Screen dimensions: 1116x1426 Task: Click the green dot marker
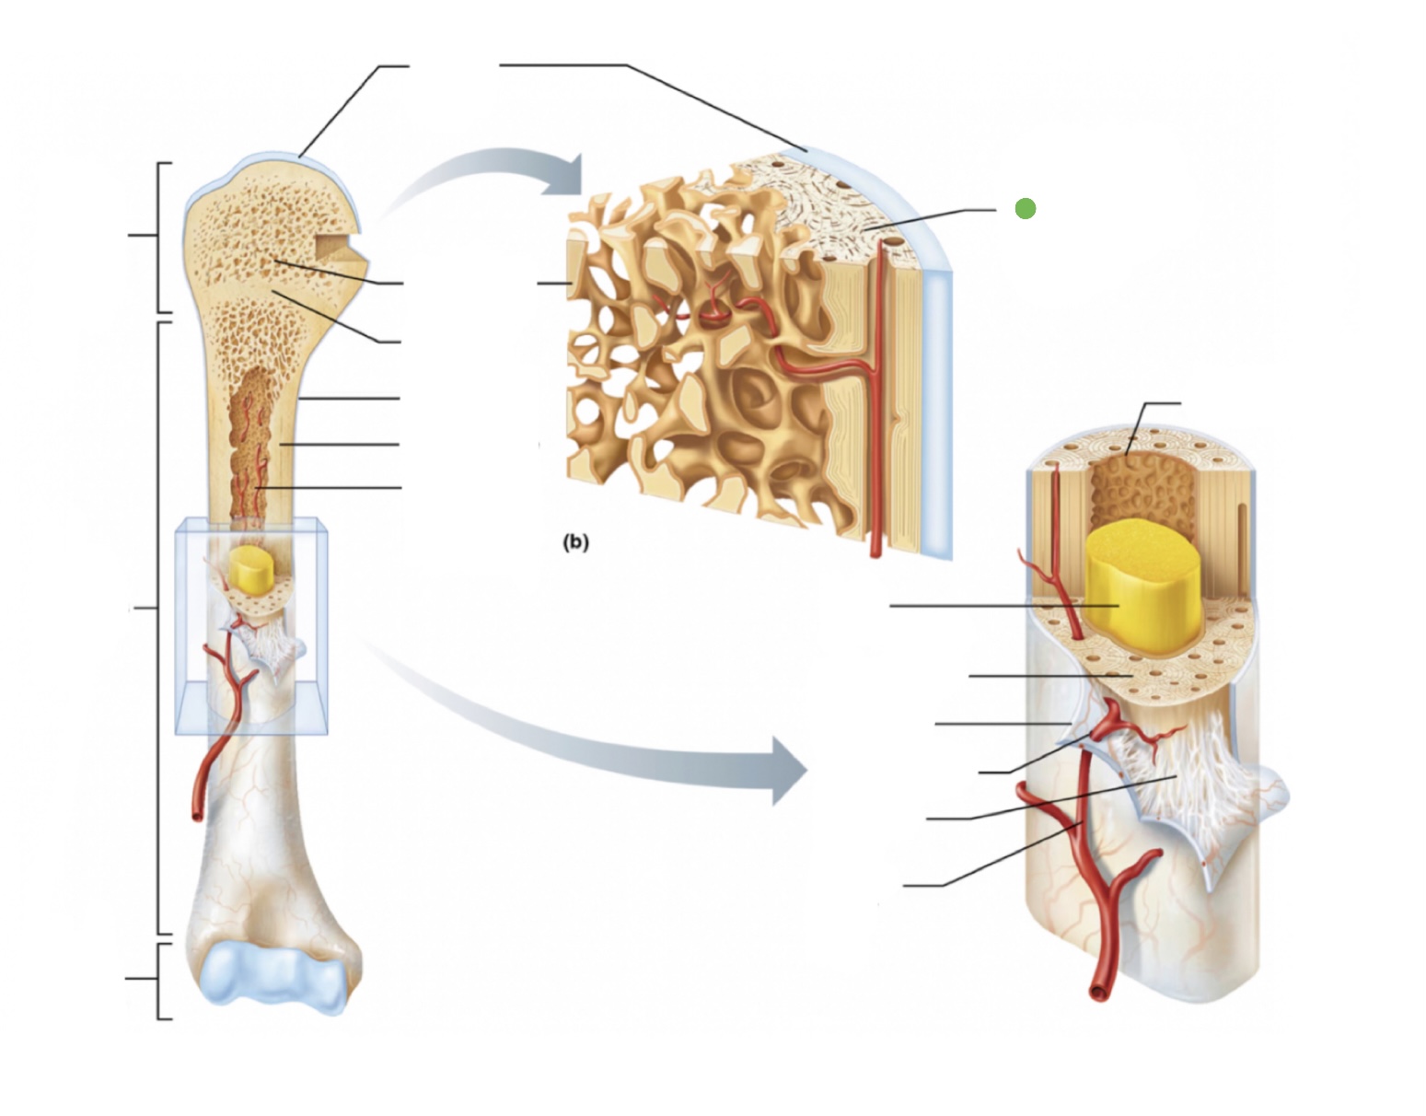click(1025, 209)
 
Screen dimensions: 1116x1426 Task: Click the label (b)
click(575, 542)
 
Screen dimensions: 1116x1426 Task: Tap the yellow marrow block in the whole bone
click(249, 568)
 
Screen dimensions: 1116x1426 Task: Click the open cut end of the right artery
click(1098, 993)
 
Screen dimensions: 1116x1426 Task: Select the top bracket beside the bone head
click(160, 237)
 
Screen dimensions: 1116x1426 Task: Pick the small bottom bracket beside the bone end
click(160, 980)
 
